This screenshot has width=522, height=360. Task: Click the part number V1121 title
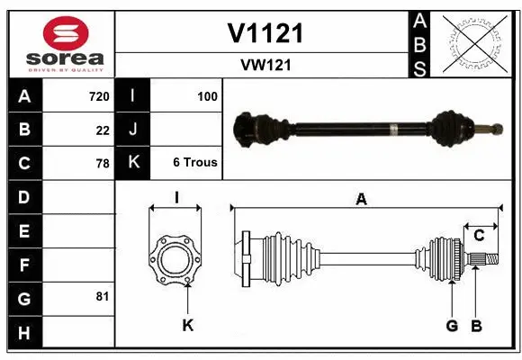pos(265,33)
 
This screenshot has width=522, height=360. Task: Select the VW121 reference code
pos(265,65)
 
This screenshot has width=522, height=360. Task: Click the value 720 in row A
pos(98,96)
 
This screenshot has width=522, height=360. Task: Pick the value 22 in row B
pos(102,130)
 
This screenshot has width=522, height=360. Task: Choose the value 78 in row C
pos(102,164)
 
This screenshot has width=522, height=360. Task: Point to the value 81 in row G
pos(102,296)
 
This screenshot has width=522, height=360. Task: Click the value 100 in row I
pos(206,96)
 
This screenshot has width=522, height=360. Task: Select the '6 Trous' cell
pos(194,164)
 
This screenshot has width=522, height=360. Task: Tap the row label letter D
pos(24,197)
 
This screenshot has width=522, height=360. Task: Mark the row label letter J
pos(133,130)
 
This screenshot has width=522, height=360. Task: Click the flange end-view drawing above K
pos(175,260)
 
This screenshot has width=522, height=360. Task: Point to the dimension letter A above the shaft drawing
pos(361,200)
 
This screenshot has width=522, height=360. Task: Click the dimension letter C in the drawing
pos(479,236)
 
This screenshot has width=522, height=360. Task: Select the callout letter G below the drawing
pos(452,325)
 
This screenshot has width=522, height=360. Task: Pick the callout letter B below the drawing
pos(477,325)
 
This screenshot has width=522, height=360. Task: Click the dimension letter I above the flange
pos(176,197)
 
